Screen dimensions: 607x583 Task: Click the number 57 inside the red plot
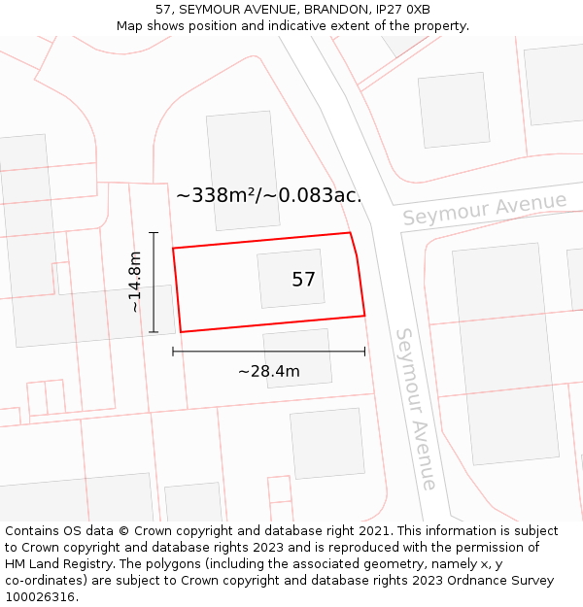pos(303,280)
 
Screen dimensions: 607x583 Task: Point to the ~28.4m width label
pos(268,371)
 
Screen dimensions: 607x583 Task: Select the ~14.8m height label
pos(135,283)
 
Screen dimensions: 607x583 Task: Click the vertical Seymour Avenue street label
pos(415,408)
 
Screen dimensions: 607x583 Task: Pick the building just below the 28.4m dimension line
pos(297,358)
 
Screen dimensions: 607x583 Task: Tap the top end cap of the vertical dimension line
pos(153,233)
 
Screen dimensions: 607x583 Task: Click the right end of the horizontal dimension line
pos(364,352)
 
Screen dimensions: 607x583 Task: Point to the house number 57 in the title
pos(162,9)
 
